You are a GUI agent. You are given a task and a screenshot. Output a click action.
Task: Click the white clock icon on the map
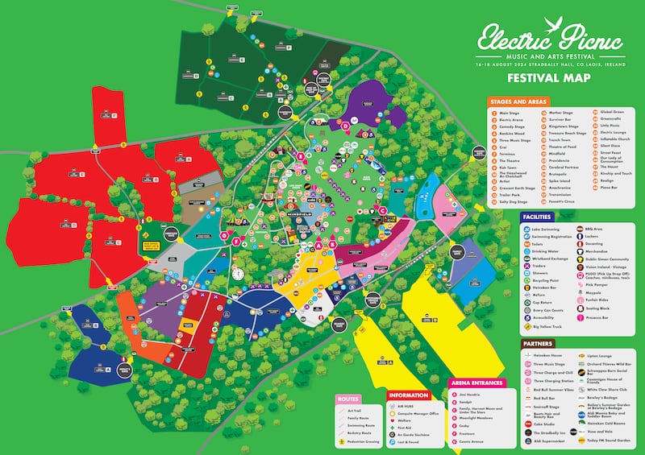(237, 274)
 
